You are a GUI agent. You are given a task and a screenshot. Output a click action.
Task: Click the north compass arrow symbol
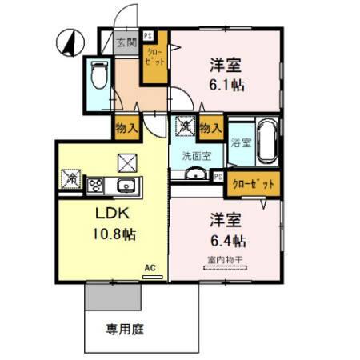(x=70, y=42)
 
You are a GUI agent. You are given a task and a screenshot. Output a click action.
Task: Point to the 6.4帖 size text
(x=228, y=240)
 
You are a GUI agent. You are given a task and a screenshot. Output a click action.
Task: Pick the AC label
(x=149, y=269)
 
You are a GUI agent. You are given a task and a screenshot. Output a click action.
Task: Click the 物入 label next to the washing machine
(x=211, y=126)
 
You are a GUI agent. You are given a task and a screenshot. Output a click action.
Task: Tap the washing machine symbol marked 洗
(x=185, y=126)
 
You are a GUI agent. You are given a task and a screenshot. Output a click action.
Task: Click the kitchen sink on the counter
(x=126, y=186)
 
